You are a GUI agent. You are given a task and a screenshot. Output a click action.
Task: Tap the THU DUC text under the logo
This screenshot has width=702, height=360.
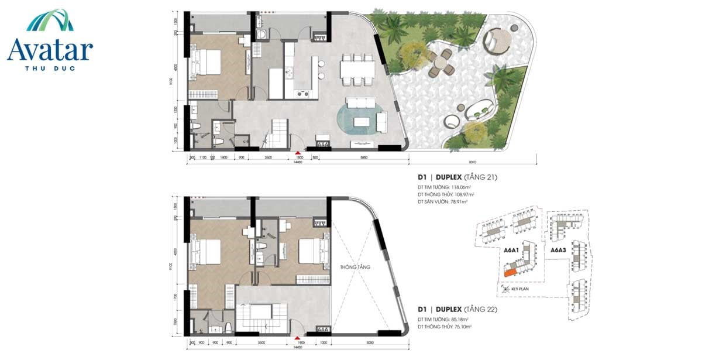click(50, 67)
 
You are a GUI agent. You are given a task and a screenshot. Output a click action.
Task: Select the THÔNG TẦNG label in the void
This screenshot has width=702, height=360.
click(355, 267)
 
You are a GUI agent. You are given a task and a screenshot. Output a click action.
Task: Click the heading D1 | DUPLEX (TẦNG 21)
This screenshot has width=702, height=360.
click(457, 177)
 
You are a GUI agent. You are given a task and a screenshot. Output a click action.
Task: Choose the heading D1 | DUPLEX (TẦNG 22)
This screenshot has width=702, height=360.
click(457, 308)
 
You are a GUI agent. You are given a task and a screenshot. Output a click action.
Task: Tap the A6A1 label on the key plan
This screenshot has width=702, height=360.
click(512, 250)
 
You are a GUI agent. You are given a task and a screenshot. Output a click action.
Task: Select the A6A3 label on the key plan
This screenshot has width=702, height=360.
click(558, 250)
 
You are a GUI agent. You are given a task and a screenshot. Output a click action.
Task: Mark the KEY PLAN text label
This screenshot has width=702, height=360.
click(520, 289)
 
